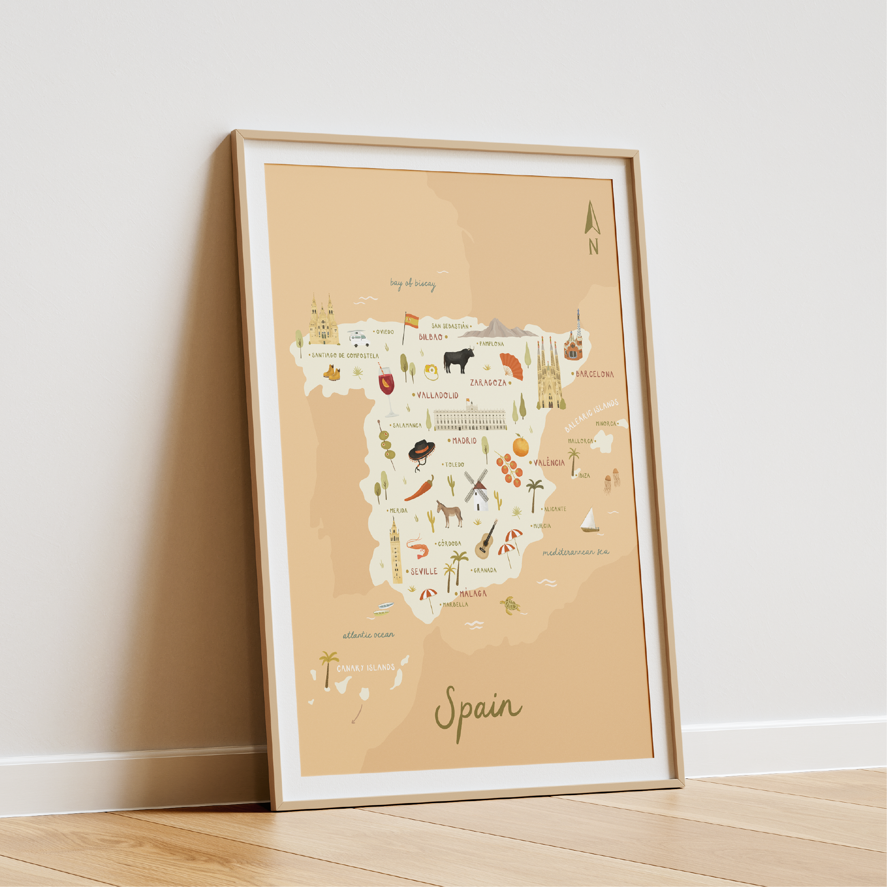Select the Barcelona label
[x=594, y=374]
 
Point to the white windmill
[x=477, y=491]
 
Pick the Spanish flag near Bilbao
[x=410, y=322]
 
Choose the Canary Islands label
[x=366, y=667]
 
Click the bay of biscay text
[x=413, y=284]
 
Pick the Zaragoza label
[x=488, y=383]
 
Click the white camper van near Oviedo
[x=358, y=339]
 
